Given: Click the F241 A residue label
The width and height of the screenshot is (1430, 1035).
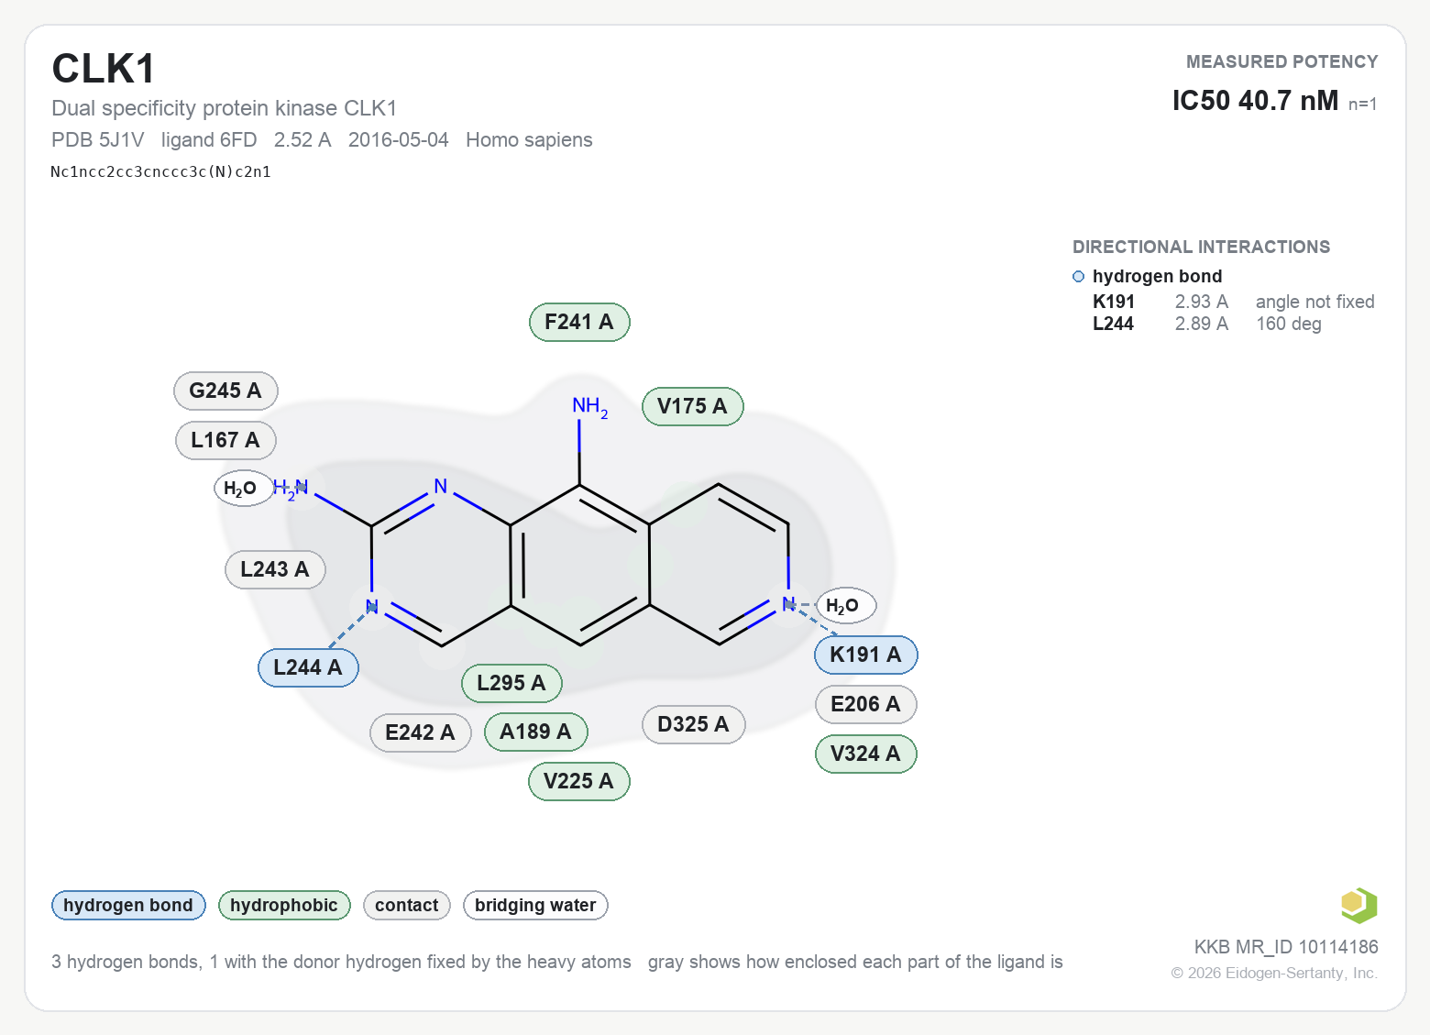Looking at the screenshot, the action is coord(579,323).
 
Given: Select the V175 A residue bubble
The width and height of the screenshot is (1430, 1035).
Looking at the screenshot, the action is coord(693,406).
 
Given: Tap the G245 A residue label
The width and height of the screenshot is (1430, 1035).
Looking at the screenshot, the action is coord(225,391).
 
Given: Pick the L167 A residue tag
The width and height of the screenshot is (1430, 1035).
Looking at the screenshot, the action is coord(225,440).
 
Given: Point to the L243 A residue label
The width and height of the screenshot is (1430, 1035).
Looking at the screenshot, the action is coord(275,569).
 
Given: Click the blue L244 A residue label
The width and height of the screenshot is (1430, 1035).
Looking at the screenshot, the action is coord(308,668).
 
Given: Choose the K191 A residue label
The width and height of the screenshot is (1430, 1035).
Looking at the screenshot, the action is coord(865,655).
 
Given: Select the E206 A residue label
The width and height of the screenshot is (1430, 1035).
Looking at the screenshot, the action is coord(865,704).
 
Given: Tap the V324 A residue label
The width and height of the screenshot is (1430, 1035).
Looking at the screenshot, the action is coord(865,754).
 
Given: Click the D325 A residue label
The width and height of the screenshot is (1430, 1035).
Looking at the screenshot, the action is coord(693,725).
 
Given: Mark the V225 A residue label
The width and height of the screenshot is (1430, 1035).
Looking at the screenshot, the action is coord(579,781).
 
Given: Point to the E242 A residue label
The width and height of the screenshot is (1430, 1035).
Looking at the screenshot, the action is coord(421,732).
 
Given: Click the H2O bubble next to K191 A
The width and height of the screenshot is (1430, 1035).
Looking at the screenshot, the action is coord(846,605).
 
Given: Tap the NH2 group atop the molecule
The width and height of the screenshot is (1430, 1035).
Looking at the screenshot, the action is coord(590,407).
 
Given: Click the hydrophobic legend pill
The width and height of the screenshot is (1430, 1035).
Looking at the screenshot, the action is coord(284,906).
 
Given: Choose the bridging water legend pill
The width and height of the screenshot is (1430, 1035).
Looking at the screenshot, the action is coord(535,906).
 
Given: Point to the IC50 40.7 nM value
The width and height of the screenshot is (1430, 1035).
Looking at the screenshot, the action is coord(1255,101).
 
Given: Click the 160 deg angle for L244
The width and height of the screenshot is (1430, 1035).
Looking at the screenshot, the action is coord(1289,324).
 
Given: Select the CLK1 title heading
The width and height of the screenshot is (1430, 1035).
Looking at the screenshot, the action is coord(104,69).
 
